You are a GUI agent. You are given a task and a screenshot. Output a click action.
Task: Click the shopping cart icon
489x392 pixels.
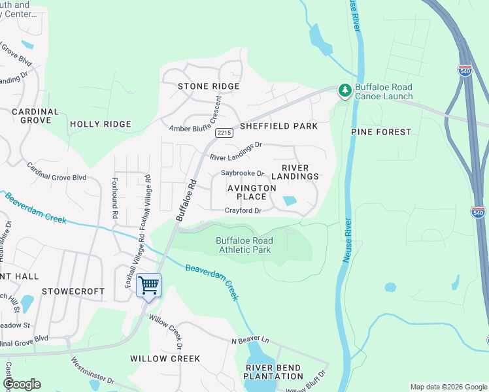click(x=149, y=286)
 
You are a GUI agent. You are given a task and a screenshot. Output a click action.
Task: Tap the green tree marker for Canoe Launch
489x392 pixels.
click(x=344, y=91)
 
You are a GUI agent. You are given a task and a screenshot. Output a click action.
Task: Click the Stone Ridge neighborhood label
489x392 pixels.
click(x=209, y=86)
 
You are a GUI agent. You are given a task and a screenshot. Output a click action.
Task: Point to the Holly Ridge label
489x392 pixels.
click(x=101, y=124)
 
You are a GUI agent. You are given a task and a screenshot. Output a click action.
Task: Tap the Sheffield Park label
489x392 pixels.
click(x=278, y=126)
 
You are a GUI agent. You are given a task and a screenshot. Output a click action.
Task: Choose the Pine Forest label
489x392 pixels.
click(x=381, y=132)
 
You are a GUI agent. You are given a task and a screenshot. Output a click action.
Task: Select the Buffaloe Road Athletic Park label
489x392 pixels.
click(x=244, y=245)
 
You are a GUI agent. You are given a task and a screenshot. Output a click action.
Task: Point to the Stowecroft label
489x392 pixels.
click(x=73, y=291)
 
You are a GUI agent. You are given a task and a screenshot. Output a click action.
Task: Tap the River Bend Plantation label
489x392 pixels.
click(x=274, y=372)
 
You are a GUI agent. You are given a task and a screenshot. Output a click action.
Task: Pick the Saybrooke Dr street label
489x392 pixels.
click(x=242, y=174)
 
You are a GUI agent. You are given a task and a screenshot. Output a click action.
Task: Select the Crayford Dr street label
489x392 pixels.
click(x=243, y=210)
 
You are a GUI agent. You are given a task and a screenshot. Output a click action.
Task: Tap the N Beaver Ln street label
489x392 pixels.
click(x=250, y=340)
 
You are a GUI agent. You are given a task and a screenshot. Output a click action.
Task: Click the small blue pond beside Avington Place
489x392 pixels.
click(x=288, y=201)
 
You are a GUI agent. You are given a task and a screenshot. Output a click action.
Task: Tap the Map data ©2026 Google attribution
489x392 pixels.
click(x=448, y=387)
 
